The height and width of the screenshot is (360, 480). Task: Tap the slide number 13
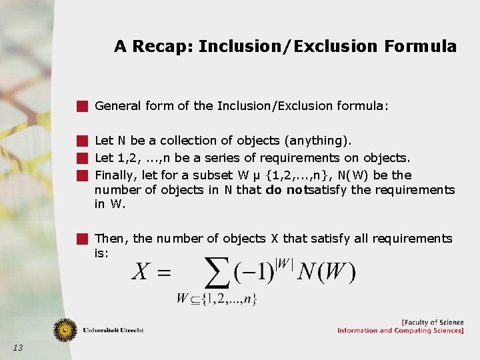[x=18, y=347]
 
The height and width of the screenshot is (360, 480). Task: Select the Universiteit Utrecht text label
[x=113, y=330]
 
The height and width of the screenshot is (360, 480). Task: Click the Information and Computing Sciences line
[x=400, y=331]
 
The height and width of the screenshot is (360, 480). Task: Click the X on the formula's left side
[x=141, y=271]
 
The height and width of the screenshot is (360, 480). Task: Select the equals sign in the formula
[x=165, y=273]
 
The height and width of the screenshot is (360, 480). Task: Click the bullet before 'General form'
[x=82, y=105]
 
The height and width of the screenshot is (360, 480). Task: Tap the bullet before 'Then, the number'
[x=82, y=238]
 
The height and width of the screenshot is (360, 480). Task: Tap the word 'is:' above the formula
[x=102, y=253]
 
